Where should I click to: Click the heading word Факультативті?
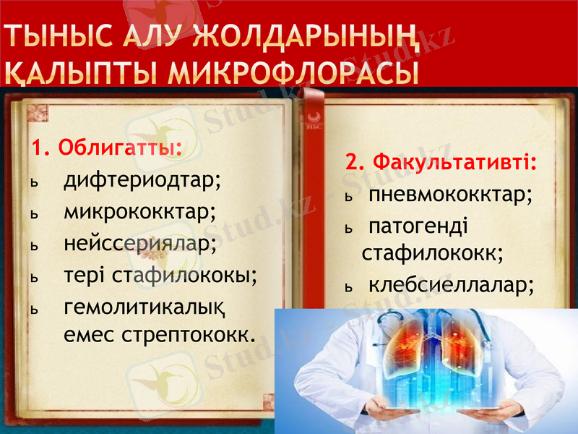tap(452, 161)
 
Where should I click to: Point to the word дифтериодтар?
tap(142, 180)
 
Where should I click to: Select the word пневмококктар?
tap(451, 195)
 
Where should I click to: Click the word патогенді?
tap(418, 226)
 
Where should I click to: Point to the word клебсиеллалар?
tap(452, 286)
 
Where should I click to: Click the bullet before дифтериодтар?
tap(33, 183)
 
